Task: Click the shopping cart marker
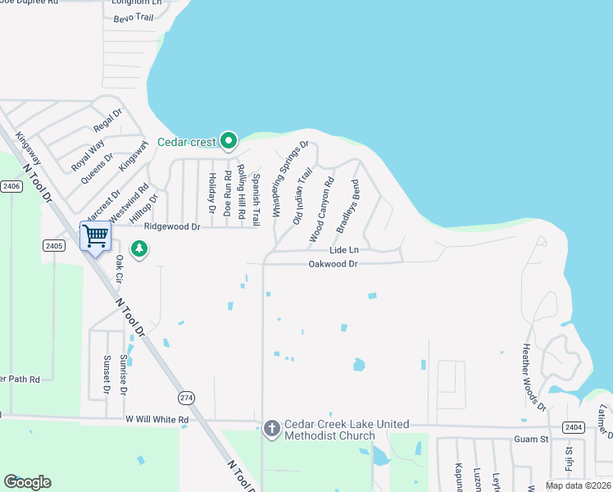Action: pos(96,237)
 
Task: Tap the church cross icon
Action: pos(272,428)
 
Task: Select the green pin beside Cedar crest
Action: pos(229,142)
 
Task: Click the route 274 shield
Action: pos(187,396)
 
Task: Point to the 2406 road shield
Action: pos(11,187)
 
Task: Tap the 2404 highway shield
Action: pos(573,427)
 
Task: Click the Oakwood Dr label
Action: pos(333,264)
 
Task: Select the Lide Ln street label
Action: pos(344,249)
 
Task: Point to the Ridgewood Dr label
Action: pos(171,226)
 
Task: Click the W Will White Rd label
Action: pos(157,419)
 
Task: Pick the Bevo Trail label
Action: pos(133,18)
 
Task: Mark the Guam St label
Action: pos(531,440)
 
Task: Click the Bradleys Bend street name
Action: pos(348,206)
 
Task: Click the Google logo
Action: pos(27,482)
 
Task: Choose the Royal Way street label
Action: pos(87,157)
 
